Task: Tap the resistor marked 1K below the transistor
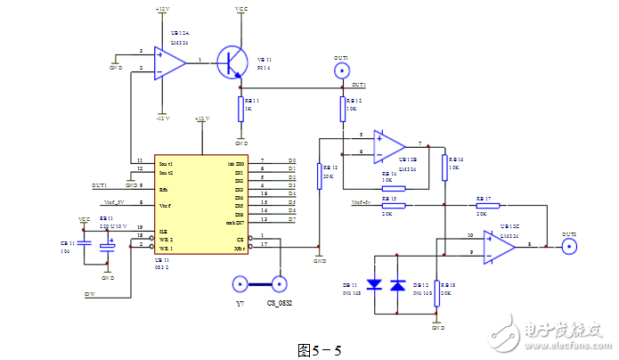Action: [241, 109]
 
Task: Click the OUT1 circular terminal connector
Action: [342, 70]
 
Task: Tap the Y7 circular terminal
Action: [240, 284]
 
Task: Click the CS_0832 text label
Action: [280, 304]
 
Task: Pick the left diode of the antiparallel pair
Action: [376, 286]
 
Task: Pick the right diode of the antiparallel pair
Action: [397, 286]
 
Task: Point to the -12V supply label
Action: [161, 117]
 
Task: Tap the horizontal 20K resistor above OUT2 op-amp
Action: [482, 204]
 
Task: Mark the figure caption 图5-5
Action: [319, 350]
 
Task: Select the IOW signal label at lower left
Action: [90, 293]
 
